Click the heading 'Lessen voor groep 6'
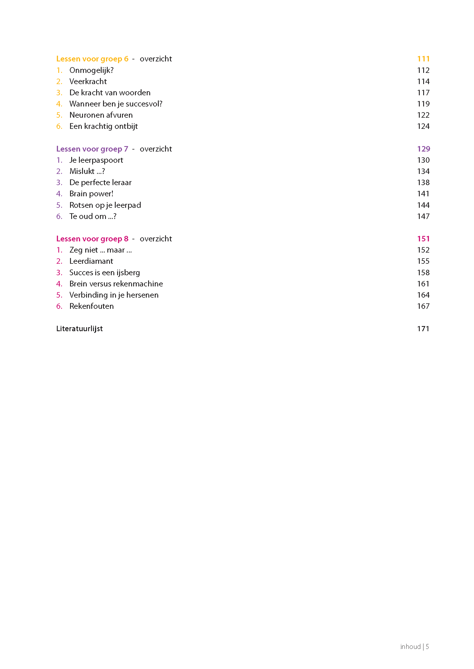pos(92,59)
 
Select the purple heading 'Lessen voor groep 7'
pos(92,149)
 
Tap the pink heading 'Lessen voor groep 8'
pos(92,239)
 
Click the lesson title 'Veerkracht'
pos(88,82)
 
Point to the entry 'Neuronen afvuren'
pos(101,115)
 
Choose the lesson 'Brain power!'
pos(91,194)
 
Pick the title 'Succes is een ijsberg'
pos(105,272)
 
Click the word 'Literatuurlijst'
pos(80,329)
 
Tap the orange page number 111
pos(423,59)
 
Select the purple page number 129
pos(423,149)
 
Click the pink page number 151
pos(423,239)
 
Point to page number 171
pos(423,329)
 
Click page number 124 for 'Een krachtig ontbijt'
pos(423,126)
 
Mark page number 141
pos(423,194)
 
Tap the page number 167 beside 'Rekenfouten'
pos(423,306)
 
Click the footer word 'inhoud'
pos(410,647)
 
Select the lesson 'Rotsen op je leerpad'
pos(105,205)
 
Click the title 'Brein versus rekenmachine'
pos(116,284)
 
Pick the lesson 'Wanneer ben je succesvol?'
pos(116,104)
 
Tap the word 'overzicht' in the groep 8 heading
pos(156,239)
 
